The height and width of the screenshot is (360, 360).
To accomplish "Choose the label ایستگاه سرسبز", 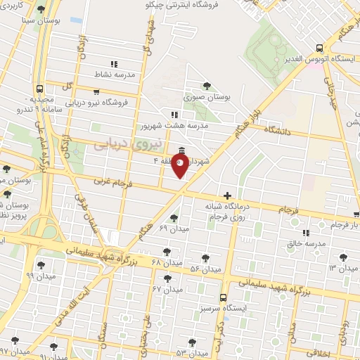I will tap(223, 309).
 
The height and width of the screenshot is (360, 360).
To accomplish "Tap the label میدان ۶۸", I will tap(167, 263).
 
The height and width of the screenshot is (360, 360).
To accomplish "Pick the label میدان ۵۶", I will tap(205, 269).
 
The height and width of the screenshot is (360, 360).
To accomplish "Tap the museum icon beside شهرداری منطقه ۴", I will tap(182, 150).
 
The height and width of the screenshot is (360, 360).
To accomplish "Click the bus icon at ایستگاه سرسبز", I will tap(223, 297).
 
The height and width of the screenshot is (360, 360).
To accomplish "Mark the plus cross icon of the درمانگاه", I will tap(227, 195).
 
